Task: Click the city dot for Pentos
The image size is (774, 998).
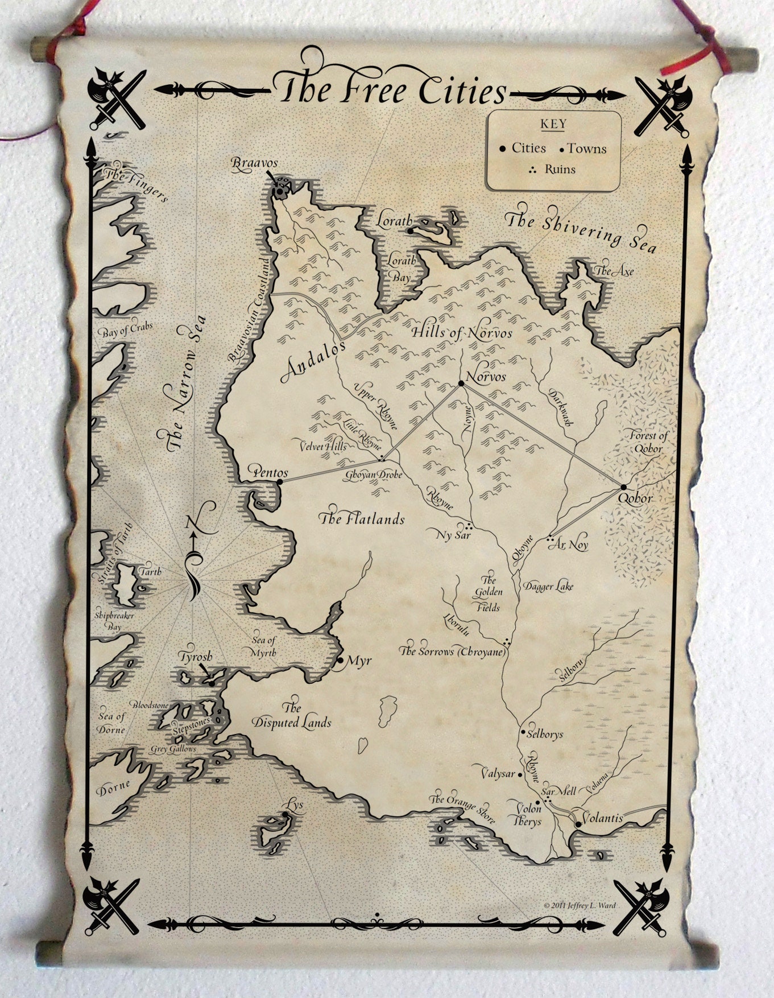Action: tap(279, 482)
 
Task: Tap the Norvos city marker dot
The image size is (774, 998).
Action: tap(461, 383)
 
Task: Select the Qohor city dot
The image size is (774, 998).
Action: tap(623, 487)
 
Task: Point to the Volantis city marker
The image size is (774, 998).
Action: tap(578, 823)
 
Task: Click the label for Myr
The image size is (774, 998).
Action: tap(359, 661)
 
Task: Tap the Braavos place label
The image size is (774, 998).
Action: tap(254, 163)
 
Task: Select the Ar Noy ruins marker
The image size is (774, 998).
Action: tap(550, 538)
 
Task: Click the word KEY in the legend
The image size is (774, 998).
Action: tap(552, 124)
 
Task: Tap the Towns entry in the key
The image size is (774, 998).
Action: tap(586, 149)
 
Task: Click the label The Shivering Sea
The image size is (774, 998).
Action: tap(581, 231)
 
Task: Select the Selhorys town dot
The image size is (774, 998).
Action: tap(523, 732)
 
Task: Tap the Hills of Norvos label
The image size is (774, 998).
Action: tap(461, 333)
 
